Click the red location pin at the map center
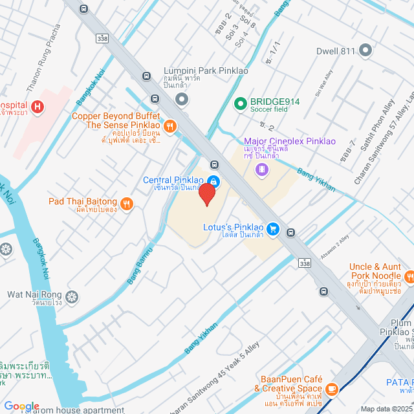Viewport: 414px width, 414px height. point(206,193)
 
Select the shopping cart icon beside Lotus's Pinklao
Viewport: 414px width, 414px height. point(273,228)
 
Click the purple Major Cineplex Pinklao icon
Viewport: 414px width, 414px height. point(261,170)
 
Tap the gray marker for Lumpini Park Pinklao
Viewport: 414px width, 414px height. point(182,99)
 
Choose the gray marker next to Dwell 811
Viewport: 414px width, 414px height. point(365,50)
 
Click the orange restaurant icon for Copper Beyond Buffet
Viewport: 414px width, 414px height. point(170,126)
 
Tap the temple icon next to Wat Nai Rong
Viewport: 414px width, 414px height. point(72,298)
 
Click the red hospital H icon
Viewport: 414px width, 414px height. point(38,106)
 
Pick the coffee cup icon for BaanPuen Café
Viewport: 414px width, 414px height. point(332,389)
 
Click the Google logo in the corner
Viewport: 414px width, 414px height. point(21,406)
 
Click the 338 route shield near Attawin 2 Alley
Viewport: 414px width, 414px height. point(305,263)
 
